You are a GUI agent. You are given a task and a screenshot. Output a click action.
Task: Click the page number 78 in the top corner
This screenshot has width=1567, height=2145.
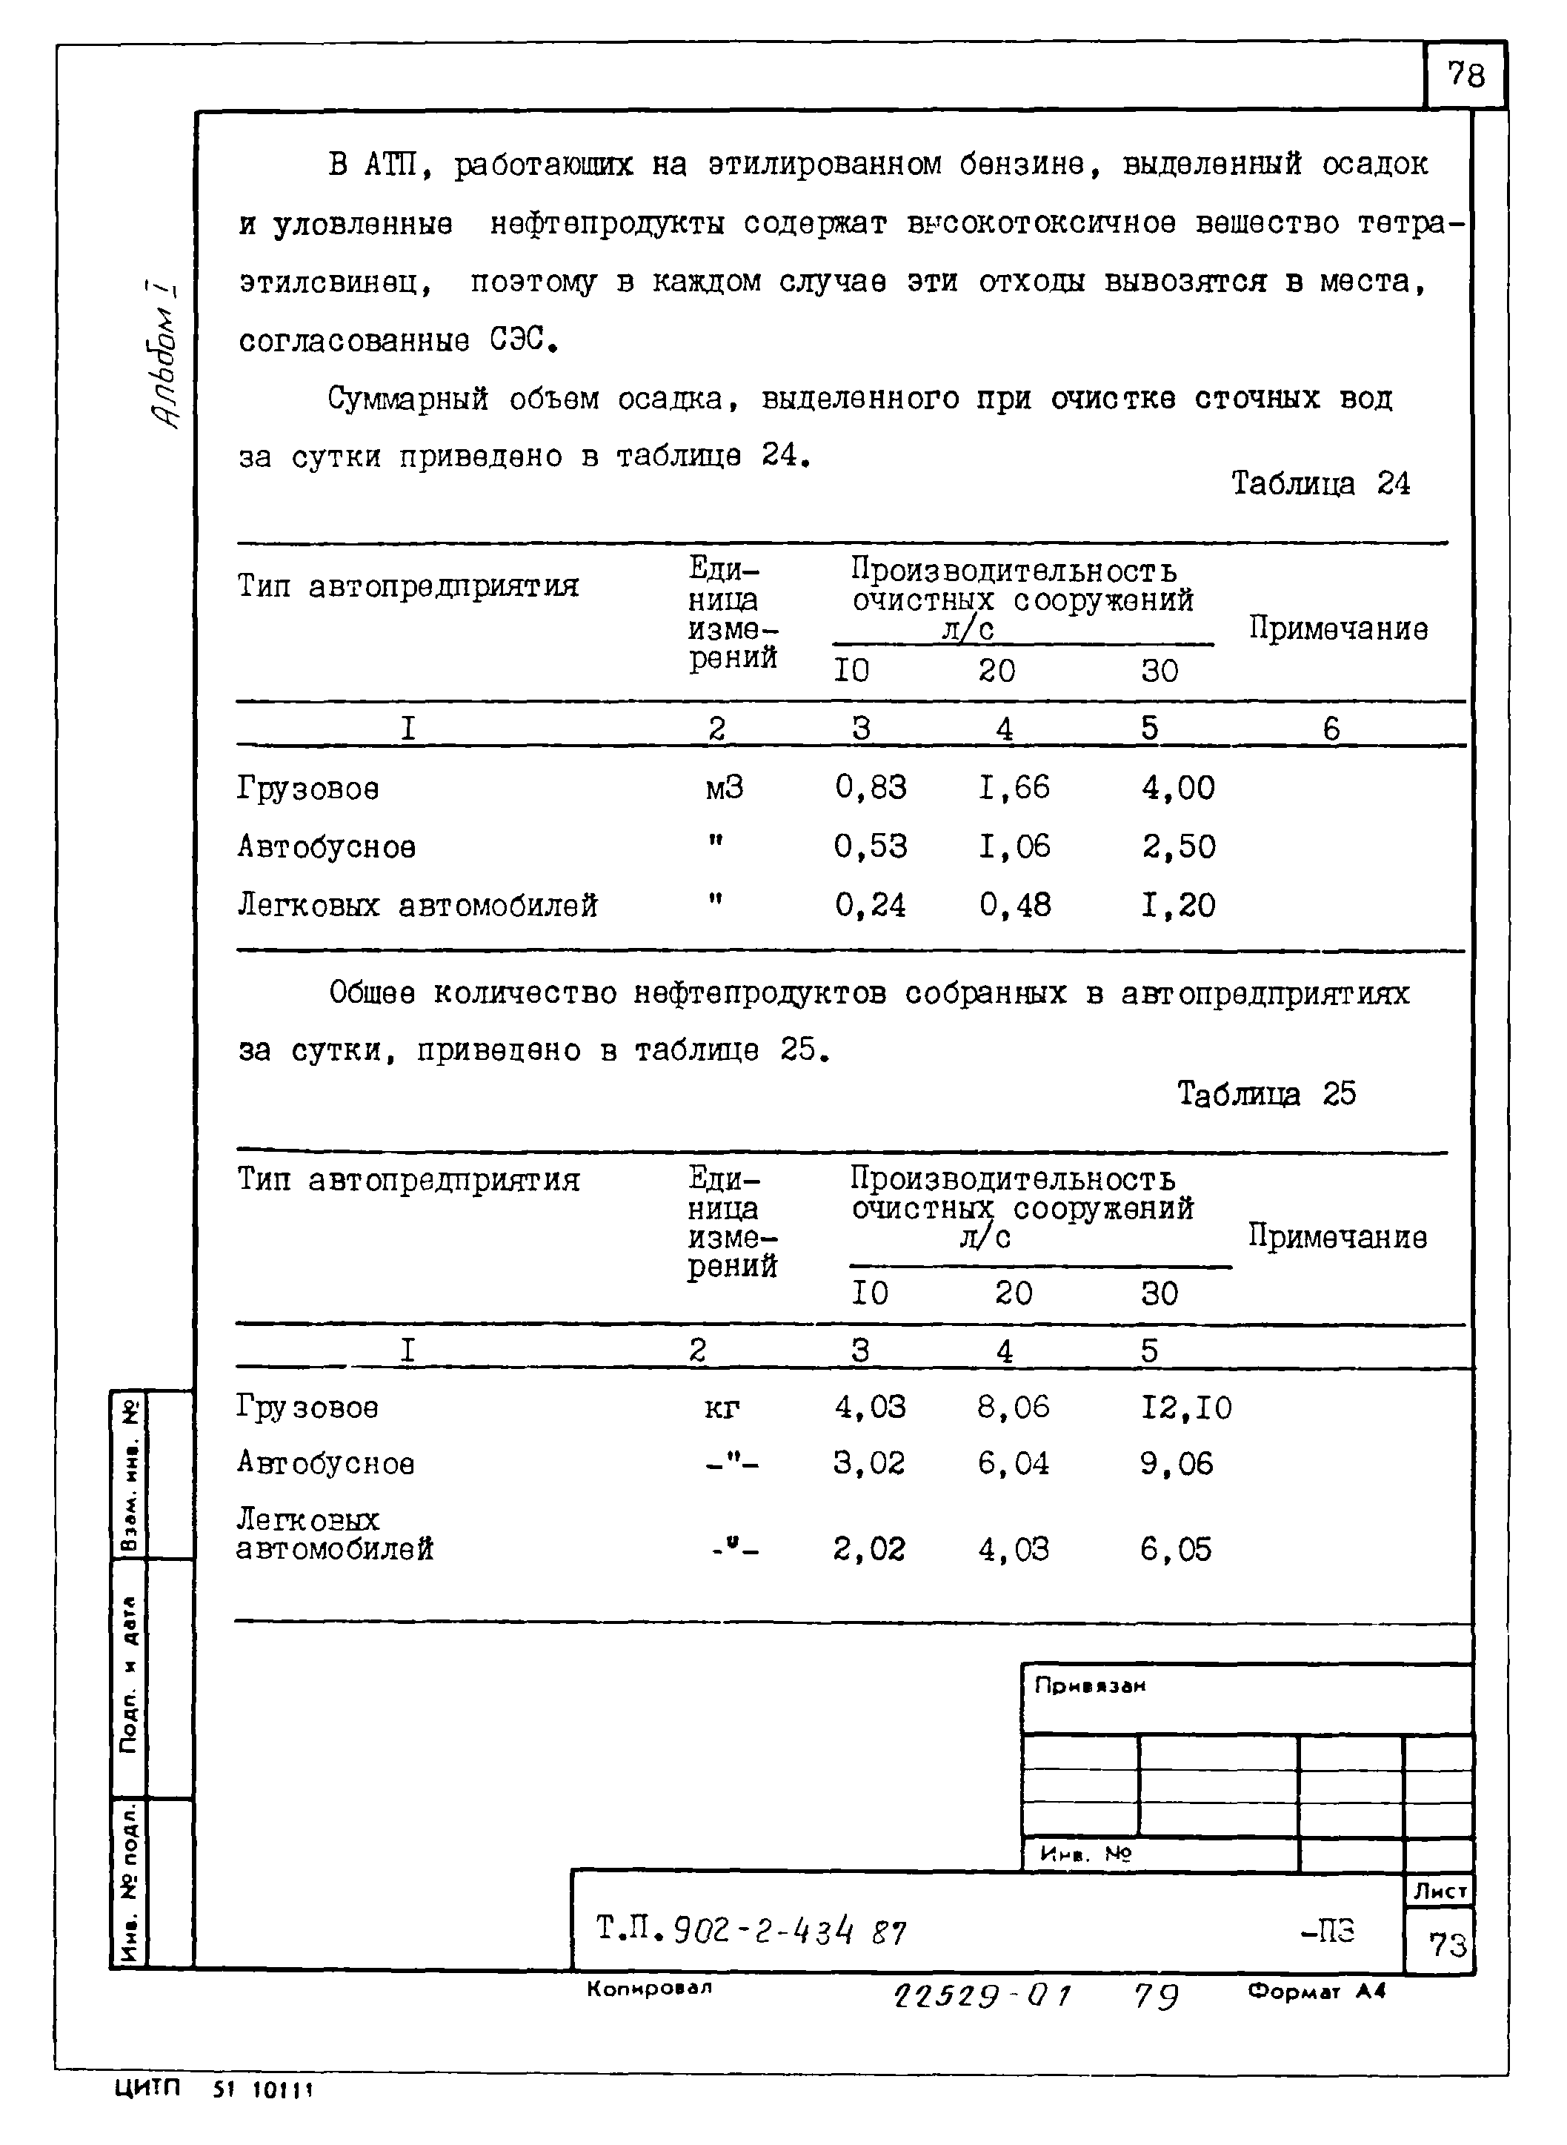(1465, 75)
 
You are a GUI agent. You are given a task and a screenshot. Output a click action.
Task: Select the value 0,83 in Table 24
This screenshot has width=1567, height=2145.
(870, 787)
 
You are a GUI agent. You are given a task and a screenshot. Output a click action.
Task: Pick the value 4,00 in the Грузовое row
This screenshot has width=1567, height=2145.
(1177, 787)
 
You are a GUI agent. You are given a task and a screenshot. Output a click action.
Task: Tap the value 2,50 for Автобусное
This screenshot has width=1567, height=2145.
(1177, 846)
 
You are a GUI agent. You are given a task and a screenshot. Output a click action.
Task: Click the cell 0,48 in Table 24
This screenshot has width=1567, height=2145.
(1014, 905)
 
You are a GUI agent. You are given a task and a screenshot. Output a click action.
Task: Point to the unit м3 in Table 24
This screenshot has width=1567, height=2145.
(724, 787)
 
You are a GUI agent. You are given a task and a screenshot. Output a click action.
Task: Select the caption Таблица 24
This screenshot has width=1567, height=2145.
(1320, 484)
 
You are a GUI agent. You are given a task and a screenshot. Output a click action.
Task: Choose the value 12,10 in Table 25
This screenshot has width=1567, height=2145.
(1185, 1407)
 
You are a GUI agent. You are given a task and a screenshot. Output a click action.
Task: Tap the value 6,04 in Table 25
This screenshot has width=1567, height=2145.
(1013, 1464)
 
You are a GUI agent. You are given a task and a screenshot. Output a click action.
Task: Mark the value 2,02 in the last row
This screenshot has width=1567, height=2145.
(869, 1549)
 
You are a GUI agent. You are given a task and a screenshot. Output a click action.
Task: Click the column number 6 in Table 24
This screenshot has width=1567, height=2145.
(1331, 729)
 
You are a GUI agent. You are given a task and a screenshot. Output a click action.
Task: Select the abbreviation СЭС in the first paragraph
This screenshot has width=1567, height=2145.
(522, 339)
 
